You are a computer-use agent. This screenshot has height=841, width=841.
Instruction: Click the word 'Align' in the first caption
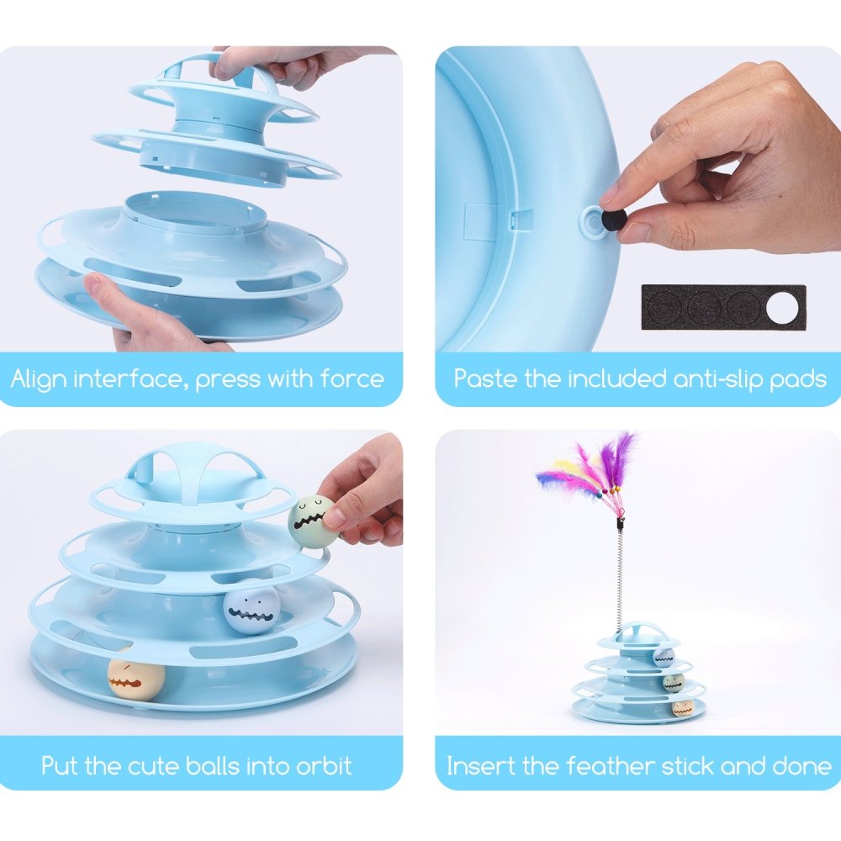click(39, 379)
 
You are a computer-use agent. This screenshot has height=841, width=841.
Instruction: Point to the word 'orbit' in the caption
click(324, 765)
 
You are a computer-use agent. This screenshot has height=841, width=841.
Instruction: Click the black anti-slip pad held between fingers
click(613, 220)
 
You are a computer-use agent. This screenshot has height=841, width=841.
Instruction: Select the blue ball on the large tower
click(251, 609)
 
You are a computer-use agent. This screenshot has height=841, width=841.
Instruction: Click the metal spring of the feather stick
click(620, 579)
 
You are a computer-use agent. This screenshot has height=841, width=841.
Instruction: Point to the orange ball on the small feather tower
click(682, 708)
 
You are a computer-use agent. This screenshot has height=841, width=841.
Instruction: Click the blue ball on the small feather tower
click(664, 657)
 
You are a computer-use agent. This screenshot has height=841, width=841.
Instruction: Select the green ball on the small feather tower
click(673, 682)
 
